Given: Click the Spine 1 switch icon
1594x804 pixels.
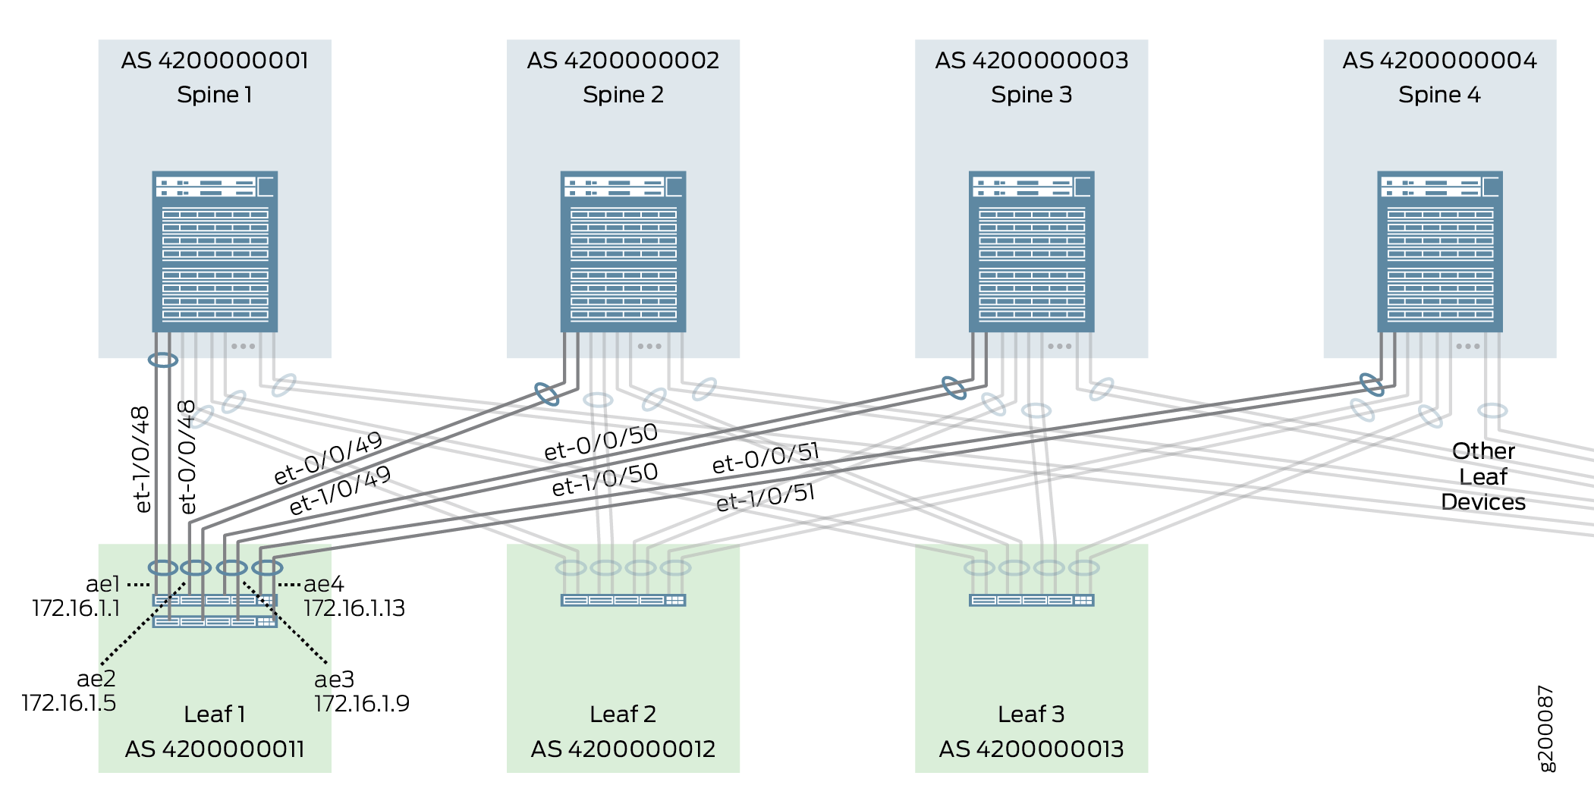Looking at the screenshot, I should (215, 251).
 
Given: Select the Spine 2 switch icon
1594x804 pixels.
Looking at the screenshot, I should (623, 251).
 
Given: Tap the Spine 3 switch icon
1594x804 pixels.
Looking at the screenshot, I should (1031, 251).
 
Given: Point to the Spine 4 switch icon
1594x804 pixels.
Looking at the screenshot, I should (1439, 251).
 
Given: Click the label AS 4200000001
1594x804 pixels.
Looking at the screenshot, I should (215, 61).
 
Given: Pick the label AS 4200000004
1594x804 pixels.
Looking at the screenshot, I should (1439, 61).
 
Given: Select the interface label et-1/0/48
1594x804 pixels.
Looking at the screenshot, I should (142, 459).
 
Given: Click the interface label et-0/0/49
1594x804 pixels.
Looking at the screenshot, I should (328, 458).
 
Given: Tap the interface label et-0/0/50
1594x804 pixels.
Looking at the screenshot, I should (601, 441).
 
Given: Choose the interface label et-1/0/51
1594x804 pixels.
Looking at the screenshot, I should (766, 497).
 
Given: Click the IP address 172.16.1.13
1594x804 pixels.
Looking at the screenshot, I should (354, 608).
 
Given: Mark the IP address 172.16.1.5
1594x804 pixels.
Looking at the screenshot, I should (69, 703).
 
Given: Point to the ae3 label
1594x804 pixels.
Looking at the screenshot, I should (335, 679).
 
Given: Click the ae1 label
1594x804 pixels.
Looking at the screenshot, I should (103, 584).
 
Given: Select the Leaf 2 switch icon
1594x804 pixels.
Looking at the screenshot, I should (623, 600).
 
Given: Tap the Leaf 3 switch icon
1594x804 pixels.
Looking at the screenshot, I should (1031, 600).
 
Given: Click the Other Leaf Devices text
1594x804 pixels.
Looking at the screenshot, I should (1483, 476).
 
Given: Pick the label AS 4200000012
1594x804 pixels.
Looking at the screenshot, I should (623, 749).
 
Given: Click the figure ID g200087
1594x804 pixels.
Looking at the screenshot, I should (1545, 728).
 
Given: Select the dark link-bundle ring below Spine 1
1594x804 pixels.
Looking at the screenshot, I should (163, 360).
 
